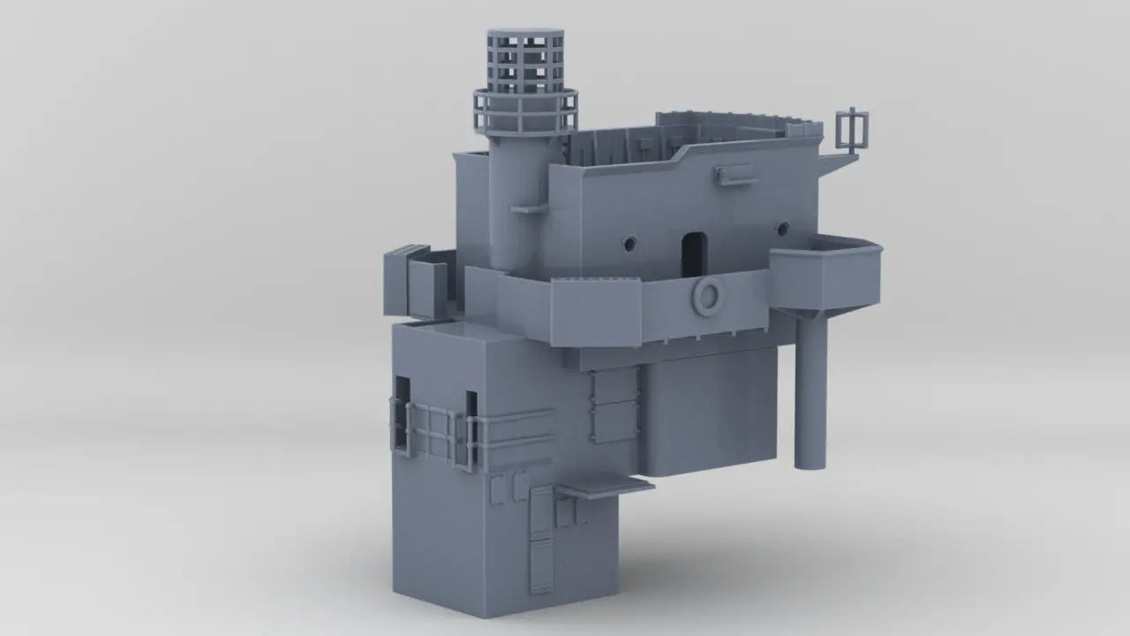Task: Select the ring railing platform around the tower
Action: coord(524,111)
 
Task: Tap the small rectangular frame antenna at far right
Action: coord(851,130)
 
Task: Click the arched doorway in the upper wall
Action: coord(694,252)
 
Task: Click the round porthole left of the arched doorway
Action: coord(630,241)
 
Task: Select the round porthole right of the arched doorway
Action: coord(780,229)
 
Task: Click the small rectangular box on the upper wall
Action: coord(736,176)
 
